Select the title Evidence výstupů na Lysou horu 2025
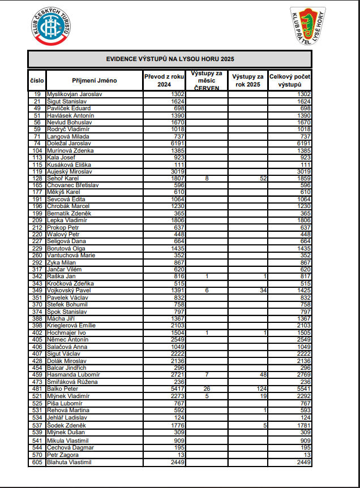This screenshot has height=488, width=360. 170,59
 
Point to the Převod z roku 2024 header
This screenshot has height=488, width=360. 165,80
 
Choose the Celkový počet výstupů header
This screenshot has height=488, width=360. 290,80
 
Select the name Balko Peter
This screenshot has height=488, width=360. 62,389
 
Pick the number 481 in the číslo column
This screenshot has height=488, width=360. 37,389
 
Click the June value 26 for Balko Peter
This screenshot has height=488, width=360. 207,389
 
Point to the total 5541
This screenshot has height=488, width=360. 303,389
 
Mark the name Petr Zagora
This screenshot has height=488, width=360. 62,455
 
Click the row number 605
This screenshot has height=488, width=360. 37,462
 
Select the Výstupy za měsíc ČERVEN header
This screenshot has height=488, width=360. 207,80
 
